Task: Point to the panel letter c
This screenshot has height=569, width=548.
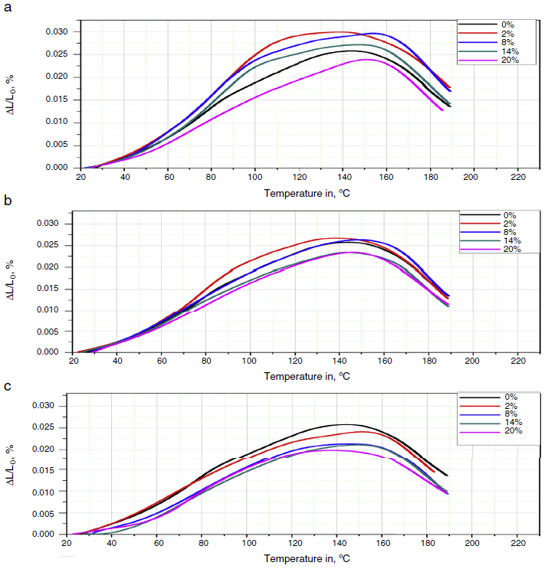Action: [x=8, y=385]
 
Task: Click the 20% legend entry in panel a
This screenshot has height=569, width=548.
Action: [x=506, y=60]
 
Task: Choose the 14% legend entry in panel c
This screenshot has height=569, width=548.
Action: [x=507, y=422]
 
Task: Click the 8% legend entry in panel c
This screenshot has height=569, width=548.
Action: [x=507, y=414]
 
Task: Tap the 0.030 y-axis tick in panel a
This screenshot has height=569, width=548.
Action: [x=57, y=31]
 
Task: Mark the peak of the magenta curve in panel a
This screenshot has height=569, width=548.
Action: [x=366, y=60]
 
